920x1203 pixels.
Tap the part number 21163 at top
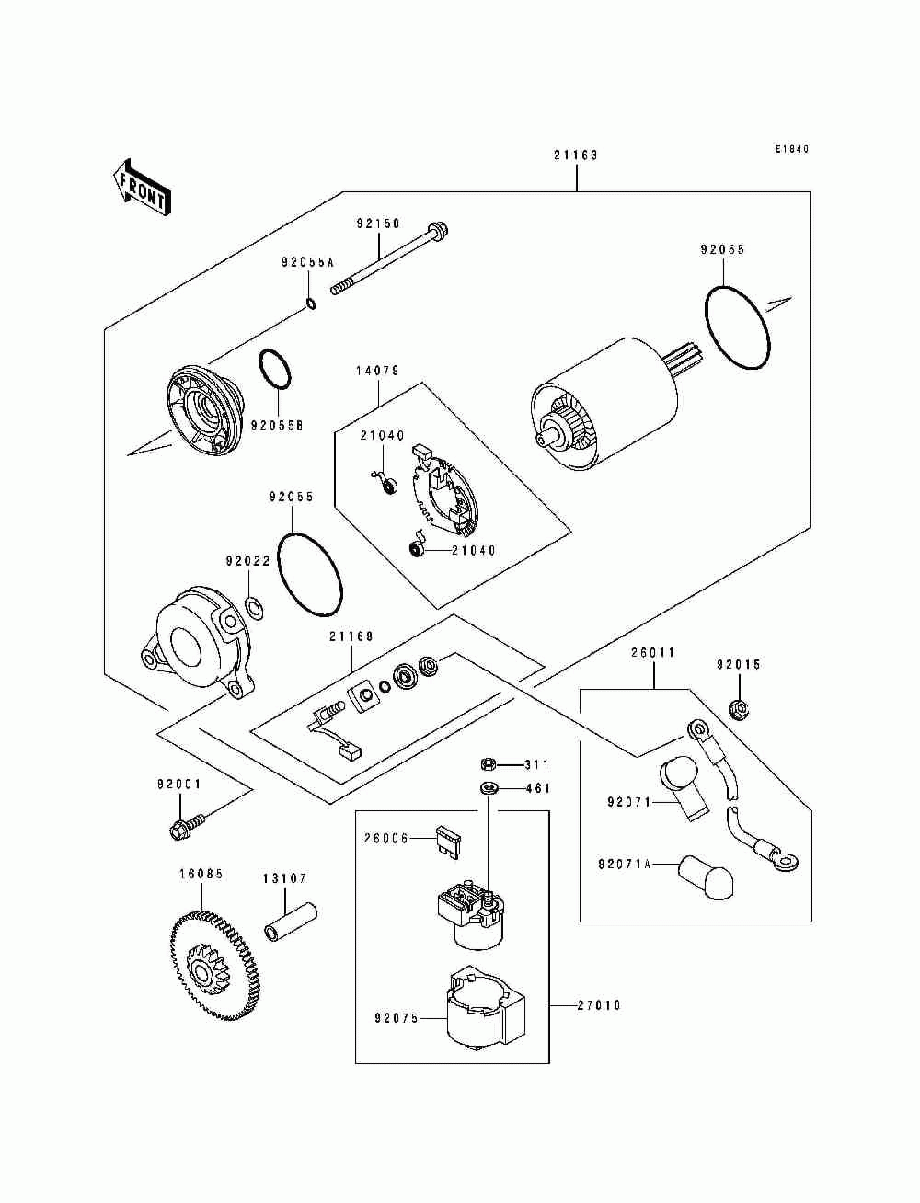tap(576, 155)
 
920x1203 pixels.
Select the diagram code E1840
tap(791, 149)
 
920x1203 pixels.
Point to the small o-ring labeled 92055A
tap(311, 304)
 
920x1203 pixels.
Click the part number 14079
tap(377, 372)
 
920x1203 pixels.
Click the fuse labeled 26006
tap(450, 842)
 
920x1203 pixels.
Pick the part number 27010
tap(599, 1005)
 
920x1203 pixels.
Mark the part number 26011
tap(653, 652)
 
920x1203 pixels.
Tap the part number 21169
tap(351, 636)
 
